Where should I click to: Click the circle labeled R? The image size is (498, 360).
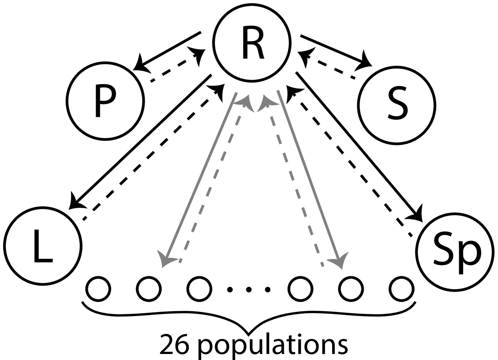click(252, 43)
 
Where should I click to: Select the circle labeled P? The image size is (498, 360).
click(105, 101)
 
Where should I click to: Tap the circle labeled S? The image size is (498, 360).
click(396, 106)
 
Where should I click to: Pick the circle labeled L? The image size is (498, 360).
click(43, 246)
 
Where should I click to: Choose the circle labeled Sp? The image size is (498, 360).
click(455, 252)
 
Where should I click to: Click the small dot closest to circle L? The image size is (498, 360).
click(98, 289)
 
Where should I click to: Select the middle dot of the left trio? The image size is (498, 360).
click(149, 289)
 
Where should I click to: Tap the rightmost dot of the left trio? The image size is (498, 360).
click(199, 289)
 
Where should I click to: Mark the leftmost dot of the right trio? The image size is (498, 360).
click(301, 289)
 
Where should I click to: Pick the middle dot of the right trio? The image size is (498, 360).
click(351, 289)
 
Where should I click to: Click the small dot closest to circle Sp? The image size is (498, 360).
click(401, 289)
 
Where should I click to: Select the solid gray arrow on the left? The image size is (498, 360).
click(200, 176)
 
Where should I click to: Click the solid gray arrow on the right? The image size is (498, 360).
click(309, 176)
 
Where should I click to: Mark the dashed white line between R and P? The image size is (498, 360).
click(174, 67)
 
